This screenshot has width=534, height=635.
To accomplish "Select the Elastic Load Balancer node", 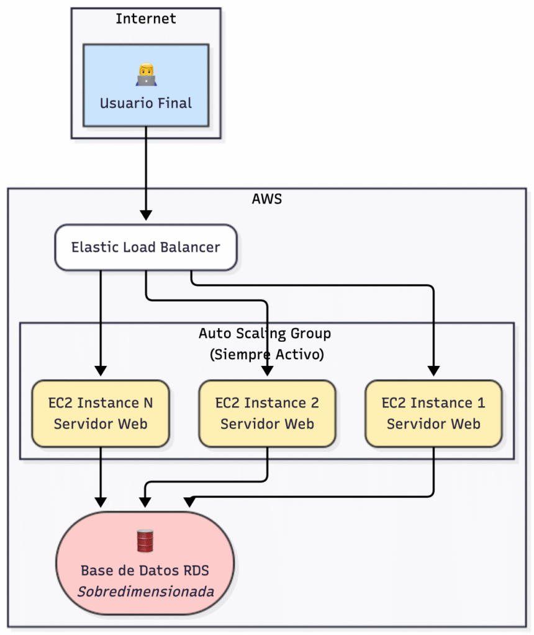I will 146,247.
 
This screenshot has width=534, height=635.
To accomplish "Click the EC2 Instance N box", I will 101,413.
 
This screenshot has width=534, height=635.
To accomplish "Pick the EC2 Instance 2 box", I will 267,413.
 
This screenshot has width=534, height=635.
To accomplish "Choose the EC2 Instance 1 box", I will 433,413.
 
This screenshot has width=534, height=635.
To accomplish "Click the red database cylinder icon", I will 145,541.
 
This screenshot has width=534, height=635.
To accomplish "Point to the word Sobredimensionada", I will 146,591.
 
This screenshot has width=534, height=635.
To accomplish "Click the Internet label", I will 146,19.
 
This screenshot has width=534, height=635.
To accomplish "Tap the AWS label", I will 266,199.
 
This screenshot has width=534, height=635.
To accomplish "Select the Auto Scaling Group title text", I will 265,333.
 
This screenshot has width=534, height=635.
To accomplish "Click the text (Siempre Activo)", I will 266,355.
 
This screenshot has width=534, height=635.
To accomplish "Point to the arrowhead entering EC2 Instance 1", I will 433,371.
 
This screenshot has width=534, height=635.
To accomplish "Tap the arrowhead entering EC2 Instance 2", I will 267,371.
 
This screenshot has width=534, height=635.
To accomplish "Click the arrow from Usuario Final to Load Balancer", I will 146,174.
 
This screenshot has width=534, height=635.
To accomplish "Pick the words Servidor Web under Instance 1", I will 433,424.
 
